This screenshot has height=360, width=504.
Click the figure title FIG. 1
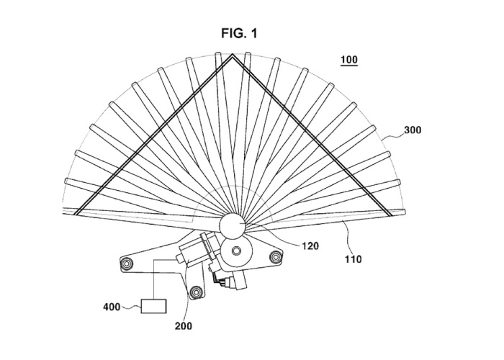point(240,33)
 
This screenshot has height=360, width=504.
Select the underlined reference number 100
point(349,60)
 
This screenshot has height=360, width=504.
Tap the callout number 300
point(413,130)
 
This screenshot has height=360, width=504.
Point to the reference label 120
point(310,246)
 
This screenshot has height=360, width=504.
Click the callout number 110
point(354,259)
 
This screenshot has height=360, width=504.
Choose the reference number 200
point(184,326)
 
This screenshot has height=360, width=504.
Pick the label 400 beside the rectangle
point(112,307)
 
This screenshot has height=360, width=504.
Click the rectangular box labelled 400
point(153,306)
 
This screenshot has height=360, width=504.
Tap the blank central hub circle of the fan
point(232,224)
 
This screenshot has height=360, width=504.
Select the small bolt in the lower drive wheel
point(236,251)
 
